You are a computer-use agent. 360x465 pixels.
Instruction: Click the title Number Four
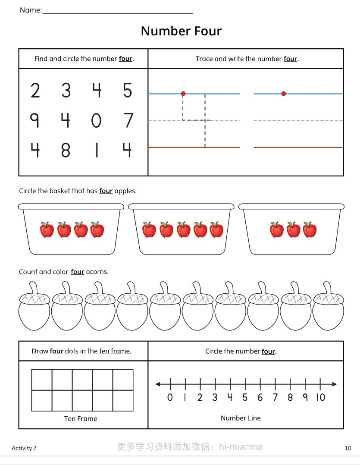click(x=181, y=31)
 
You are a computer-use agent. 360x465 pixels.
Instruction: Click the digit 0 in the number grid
click(x=96, y=120)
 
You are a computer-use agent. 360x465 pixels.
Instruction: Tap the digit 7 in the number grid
click(x=128, y=120)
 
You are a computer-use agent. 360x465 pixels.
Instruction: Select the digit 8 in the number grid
click(x=66, y=150)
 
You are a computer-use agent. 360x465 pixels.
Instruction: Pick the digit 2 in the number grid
click(x=35, y=91)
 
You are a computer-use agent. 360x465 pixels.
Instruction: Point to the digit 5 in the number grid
click(x=127, y=91)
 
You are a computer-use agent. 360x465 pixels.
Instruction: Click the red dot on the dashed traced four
click(x=183, y=94)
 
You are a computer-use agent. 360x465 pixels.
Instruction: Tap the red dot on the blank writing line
click(x=283, y=94)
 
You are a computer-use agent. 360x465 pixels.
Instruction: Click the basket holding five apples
click(x=181, y=229)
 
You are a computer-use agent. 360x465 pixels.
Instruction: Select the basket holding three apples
click(x=291, y=229)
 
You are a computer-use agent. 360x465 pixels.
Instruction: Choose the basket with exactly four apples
click(x=71, y=229)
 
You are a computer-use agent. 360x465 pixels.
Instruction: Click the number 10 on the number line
click(x=320, y=397)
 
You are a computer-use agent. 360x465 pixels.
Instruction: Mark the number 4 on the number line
click(x=230, y=397)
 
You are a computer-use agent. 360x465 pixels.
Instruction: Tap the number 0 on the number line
click(x=170, y=397)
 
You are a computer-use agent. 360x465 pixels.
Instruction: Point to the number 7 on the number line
click(x=275, y=397)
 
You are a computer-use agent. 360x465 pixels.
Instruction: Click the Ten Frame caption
click(x=81, y=418)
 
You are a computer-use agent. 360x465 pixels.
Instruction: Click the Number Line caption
click(x=241, y=418)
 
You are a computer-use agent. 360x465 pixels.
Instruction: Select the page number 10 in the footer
click(x=348, y=448)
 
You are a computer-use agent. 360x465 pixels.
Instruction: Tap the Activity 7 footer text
click(x=24, y=448)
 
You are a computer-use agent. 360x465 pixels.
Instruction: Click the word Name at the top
click(x=30, y=10)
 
